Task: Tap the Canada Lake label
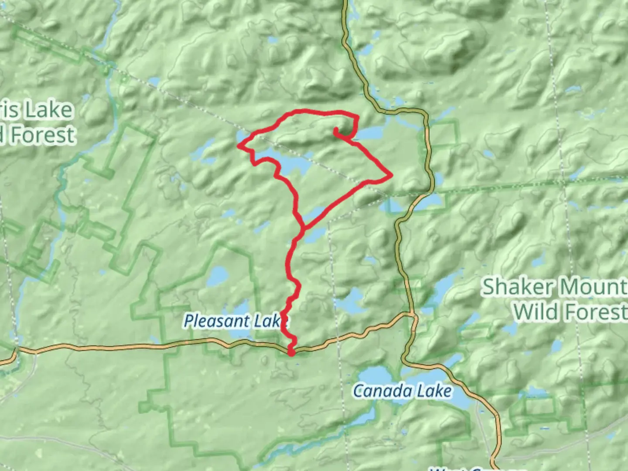[x=402, y=391]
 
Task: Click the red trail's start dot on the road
[x=291, y=352]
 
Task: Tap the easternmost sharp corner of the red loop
[x=392, y=175]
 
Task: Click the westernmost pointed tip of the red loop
[x=238, y=146]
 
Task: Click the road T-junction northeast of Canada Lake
[x=412, y=314]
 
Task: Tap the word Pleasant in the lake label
[x=211, y=321]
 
